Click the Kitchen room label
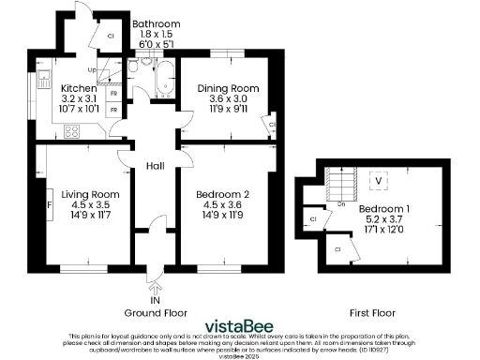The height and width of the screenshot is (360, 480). pyautogui.click(x=80, y=89)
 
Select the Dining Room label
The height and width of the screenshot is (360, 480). pyautogui.click(x=227, y=89)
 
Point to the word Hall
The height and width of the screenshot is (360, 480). pyautogui.click(x=156, y=166)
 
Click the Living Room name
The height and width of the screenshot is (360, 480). pyautogui.click(x=91, y=195)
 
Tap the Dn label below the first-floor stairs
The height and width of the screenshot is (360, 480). pyautogui.click(x=341, y=202)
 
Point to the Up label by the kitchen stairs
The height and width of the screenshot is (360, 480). pyautogui.click(x=92, y=70)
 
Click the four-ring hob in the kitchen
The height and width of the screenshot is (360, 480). pyautogui.click(x=70, y=131)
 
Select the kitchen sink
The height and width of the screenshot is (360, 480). pyautogui.click(x=42, y=81)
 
